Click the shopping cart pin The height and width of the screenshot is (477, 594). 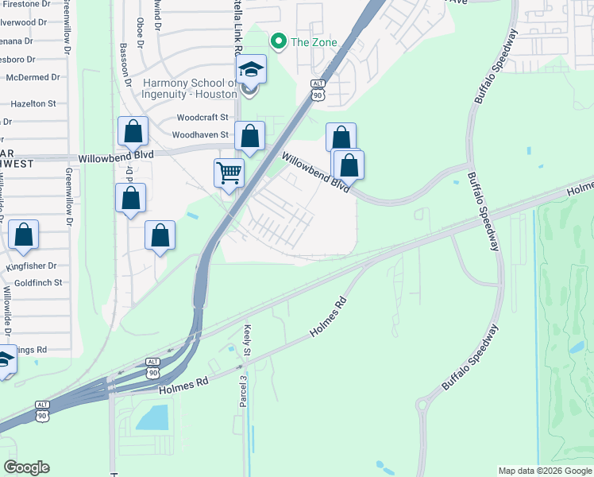coord(229,172)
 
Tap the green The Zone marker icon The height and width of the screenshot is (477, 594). coord(278,41)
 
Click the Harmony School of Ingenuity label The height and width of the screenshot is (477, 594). coord(190,88)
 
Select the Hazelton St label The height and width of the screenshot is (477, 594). coord(33,103)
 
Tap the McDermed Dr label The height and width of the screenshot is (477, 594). coord(33,77)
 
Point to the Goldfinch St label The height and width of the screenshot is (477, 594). coord(38,282)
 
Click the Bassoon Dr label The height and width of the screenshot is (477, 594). coord(125,60)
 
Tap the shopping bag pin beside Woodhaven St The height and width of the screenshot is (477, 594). coord(250,137)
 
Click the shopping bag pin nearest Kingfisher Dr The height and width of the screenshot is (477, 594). coord(25,235)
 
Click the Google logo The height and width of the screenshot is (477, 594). coord(26,467)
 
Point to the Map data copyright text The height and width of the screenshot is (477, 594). coord(544,471)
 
